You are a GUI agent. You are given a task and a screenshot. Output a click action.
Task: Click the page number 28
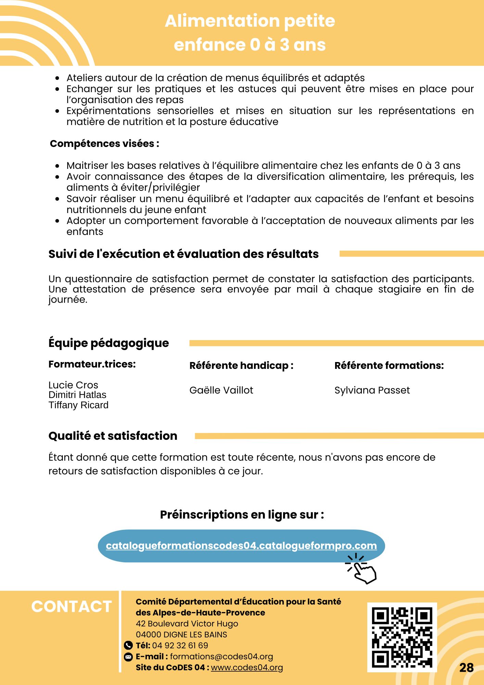(x=466, y=668)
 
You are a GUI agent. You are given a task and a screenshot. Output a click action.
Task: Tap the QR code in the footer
(x=402, y=637)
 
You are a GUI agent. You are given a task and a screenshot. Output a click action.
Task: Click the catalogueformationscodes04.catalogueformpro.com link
(x=241, y=546)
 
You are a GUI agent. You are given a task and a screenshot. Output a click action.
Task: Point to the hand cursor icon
(x=363, y=570)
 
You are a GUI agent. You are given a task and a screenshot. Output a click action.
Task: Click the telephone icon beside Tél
(x=128, y=646)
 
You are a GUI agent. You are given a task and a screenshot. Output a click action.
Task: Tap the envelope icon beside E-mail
(x=128, y=657)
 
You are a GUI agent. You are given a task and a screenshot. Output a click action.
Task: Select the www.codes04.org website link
(x=247, y=668)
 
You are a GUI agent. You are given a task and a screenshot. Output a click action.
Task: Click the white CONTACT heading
(x=72, y=607)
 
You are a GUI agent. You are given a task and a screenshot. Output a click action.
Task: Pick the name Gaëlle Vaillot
(x=221, y=390)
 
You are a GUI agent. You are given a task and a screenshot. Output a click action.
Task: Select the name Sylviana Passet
(x=372, y=390)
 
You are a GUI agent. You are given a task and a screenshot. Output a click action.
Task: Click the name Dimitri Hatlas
(x=77, y=395)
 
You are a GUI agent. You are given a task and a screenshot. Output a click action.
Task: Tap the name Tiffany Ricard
(x=78, y=405)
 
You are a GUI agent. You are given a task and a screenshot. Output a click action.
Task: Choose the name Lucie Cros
(x=73, y=385)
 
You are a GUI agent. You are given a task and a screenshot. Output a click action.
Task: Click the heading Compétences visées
(x=104, y=144)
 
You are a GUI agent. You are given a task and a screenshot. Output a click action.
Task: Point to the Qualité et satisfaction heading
(x=113, y=436)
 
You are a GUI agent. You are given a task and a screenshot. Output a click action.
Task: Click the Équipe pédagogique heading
(x=109, y=343)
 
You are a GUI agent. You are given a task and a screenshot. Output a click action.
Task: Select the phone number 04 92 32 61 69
(x=180, y=646)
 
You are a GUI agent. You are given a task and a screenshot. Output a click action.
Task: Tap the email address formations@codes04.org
(x=221, y=657)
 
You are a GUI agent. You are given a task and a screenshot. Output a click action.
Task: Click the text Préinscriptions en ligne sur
(x=242, y=514)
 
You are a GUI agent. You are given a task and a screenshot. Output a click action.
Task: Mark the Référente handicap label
(x=241, y=365)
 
